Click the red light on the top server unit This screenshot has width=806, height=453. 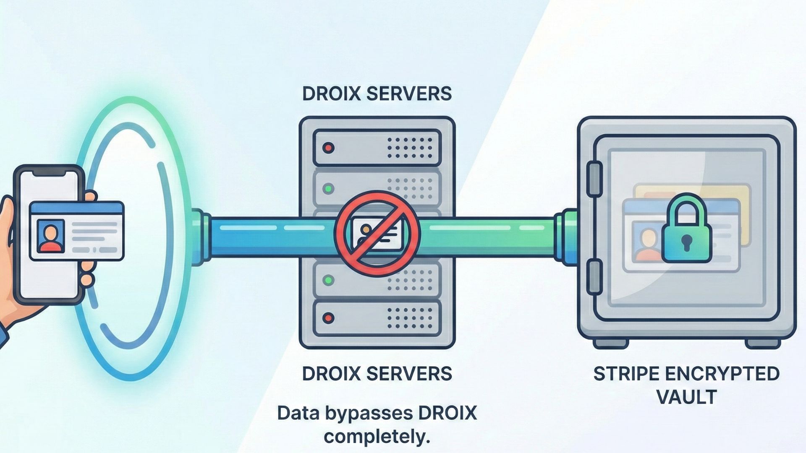point(328,148)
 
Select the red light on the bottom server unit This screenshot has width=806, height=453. point(328,318)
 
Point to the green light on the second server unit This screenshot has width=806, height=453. point(328,188)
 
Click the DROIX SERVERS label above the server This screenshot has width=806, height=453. point(377,94)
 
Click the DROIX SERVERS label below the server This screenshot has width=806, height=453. point(377,373)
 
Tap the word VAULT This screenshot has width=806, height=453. point(686,397)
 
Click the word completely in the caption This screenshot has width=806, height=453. point(377,437)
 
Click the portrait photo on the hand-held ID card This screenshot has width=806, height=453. point(51,236)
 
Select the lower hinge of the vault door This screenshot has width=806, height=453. point(594,276)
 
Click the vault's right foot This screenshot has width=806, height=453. point(764,343)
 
